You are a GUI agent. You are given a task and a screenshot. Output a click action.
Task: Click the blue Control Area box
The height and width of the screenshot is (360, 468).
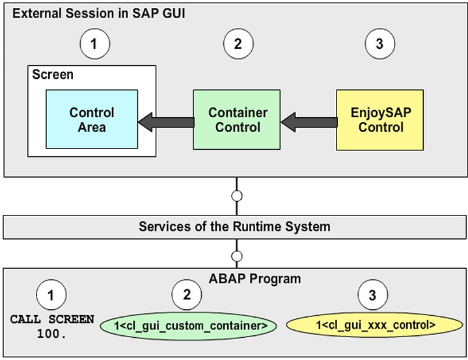point(92,120)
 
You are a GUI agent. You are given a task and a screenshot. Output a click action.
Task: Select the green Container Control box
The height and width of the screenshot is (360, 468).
point(237,120)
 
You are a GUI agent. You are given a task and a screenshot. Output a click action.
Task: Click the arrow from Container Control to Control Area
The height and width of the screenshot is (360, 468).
point(165,120)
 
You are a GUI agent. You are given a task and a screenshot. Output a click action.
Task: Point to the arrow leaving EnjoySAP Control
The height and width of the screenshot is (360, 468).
point(309,120)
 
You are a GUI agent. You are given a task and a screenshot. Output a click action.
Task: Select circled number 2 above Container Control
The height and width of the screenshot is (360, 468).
point(237,45)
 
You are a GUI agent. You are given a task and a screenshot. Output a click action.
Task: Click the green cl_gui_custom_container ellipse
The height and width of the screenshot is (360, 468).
point(186,324)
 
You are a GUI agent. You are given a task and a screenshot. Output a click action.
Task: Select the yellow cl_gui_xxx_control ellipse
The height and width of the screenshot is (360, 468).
point(372,324)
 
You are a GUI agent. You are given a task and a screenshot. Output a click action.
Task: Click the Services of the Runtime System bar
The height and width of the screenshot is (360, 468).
point(234,227)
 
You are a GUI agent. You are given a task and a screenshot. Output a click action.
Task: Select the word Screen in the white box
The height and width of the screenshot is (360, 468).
point(53,75)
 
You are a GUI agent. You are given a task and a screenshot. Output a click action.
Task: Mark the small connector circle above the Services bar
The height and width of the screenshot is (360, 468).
point(237,195)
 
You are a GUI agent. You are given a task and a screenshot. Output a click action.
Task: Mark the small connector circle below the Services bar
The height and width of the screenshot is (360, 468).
point(237,256)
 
